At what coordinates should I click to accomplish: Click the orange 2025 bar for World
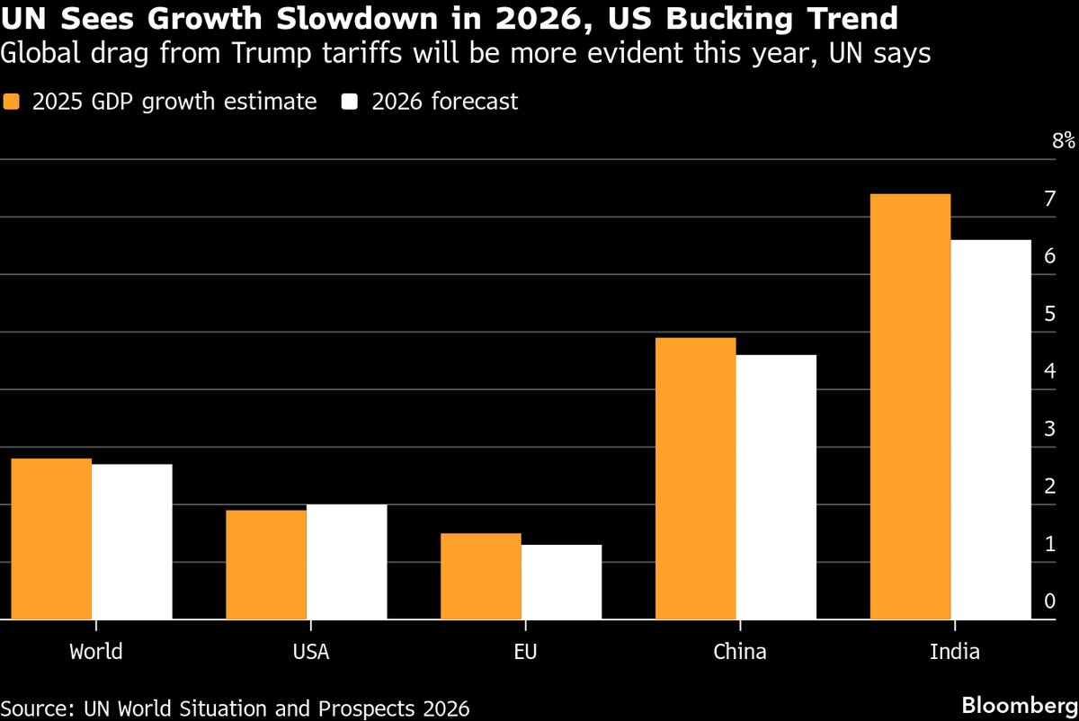(x=51, y=539)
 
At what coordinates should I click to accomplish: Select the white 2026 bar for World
(x=131, y=542)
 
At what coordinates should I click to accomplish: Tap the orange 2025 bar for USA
(x=265, y=565)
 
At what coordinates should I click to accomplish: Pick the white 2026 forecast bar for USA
(x=346, y=562)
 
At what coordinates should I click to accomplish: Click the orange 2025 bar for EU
(x=480, y=576)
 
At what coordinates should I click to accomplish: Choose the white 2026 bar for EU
(x=561, y=582)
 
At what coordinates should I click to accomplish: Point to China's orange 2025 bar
(x=695, y=478)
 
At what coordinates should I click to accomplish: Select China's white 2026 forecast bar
(x=776, y=487)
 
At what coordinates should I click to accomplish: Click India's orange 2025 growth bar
(x=910, y=406)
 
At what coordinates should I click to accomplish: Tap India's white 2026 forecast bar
(x=991, y=430)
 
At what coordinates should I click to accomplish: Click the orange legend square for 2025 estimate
(x=13, y=102)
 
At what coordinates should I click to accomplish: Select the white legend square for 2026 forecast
(x=351, y=102)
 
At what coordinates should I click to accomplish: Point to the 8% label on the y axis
(x=1062, y=140)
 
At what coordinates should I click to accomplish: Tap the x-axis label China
(x=739, y=652)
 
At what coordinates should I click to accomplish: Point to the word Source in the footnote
(x=35, y=708)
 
